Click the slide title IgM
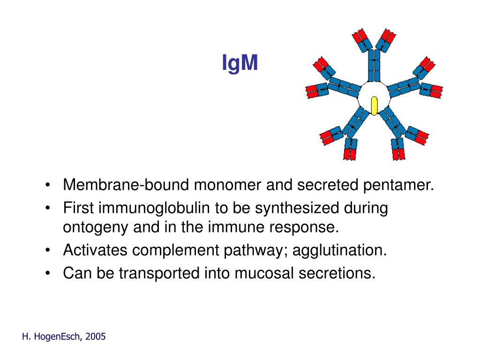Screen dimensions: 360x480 [x=240, y=63]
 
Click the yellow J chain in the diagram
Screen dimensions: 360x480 [x=374, y=105]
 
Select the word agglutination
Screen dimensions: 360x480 [x=340, y=250]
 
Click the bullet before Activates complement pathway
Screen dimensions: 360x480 [x=49, y=250]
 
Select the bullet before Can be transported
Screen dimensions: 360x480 [x=49, y=273]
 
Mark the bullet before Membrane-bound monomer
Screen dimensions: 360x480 [x=49, y=185]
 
